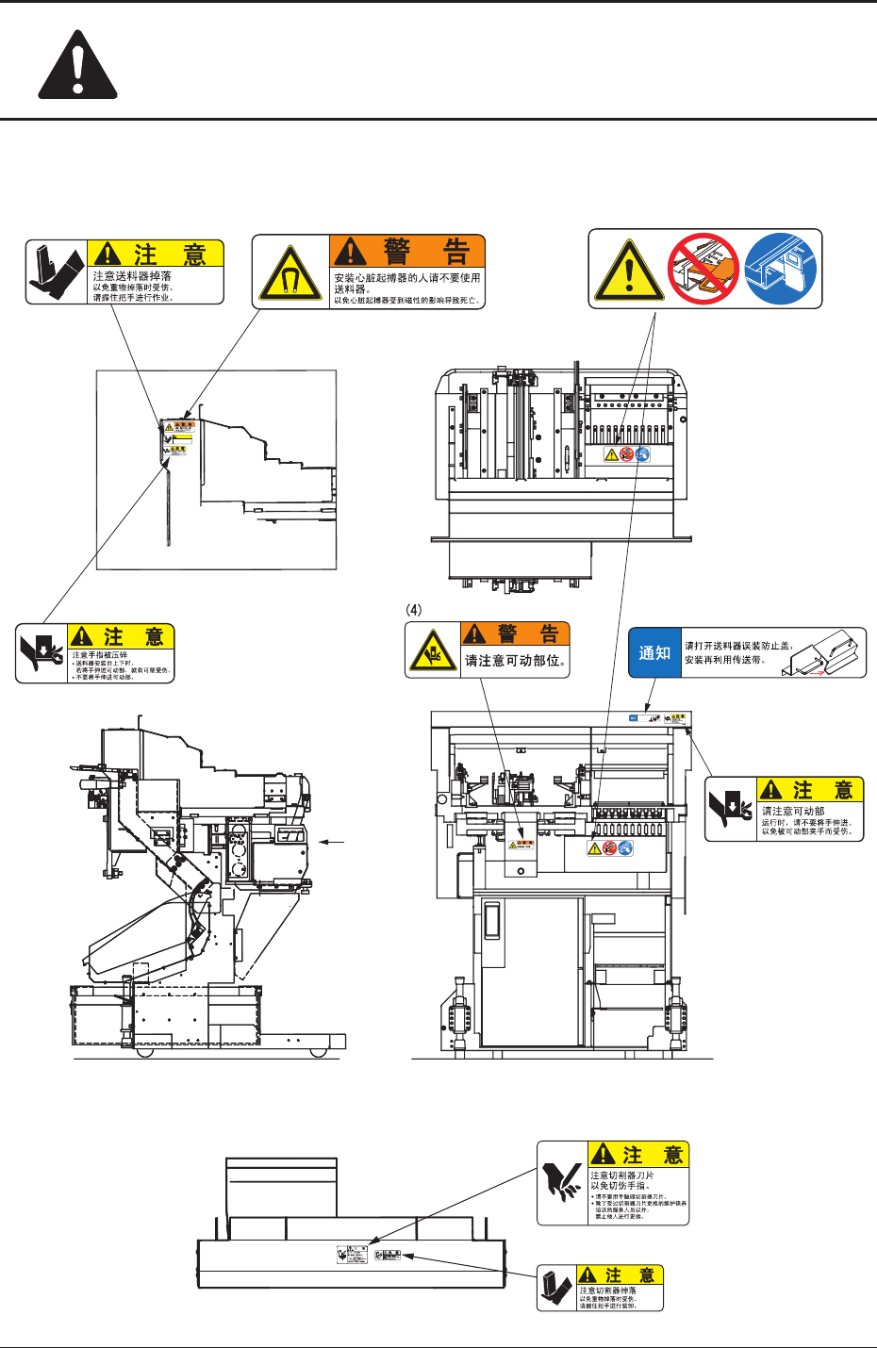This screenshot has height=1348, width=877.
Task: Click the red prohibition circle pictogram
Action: tap(703, 269)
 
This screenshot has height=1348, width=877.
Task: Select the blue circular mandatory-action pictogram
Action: tap(780, 269)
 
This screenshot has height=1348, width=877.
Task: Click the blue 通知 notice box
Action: tap(654, 653)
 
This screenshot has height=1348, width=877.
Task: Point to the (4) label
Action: tap(414, 609)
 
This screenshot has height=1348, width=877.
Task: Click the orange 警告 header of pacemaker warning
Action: tap(407, 252)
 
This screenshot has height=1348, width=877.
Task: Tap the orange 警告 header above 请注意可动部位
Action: tap(515, 633)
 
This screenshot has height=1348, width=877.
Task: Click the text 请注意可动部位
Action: tap(515, 661)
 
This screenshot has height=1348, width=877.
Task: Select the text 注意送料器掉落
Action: tap(132, 276)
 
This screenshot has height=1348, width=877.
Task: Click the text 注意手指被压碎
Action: tap(100, 655)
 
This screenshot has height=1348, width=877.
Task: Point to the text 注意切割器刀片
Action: tap(621, 1175)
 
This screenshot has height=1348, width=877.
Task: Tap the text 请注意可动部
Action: tap(793, 811)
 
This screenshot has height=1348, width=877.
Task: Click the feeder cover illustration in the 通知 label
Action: tap(824, 653)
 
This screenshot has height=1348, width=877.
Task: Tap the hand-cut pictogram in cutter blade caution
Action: tap(562, 1183)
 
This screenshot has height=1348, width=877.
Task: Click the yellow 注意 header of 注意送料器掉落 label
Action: tap(156, 254)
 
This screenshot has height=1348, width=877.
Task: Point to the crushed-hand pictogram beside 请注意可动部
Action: tap(730, 808)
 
